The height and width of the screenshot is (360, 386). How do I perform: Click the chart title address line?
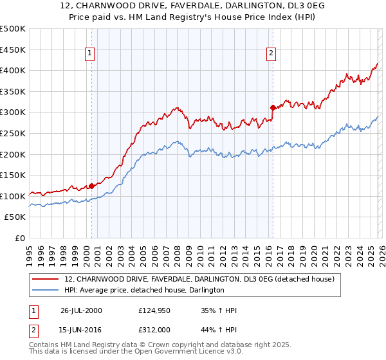(x=193, y=6)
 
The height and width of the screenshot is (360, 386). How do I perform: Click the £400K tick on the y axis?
(x=13, y=70)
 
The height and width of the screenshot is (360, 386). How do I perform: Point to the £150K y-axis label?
(x=13, y=175)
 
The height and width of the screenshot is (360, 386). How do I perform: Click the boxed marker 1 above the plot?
(x=89, y=53)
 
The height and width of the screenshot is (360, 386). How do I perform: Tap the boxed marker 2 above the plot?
(x=271, y=53)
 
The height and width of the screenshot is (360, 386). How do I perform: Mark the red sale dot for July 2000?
(x=92, y=186)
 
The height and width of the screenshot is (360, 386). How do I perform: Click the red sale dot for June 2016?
(x=272, y=107)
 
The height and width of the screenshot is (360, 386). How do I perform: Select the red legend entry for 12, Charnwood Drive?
(x=199, y=279)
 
